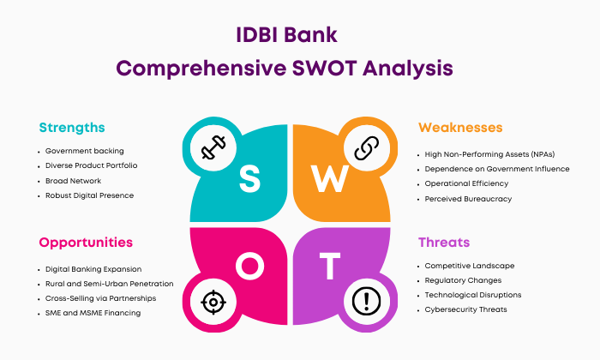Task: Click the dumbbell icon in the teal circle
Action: click(213, 147)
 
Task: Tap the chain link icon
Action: click(367, 147)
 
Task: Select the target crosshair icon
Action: click(213, 303)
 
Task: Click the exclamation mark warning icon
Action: click(366, 301)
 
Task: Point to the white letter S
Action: click(250, 178)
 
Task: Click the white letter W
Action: click(329, 178)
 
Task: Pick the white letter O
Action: click(250, 266)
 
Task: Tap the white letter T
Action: click(330, 266)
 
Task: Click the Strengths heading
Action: click(72, 128)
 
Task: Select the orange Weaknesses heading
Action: click(460, 128)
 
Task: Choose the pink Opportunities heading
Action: click(86, 243)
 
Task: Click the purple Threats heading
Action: click(444, 243)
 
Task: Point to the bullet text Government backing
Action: click(85, 151)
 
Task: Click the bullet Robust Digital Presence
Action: click(89, 195)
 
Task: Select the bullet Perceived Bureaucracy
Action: click(468, 199)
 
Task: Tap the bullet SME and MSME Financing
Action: click(93, 313)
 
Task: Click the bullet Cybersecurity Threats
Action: click(465, 309)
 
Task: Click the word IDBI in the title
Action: click(255, 35)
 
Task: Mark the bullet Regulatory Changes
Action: click(463, 280)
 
